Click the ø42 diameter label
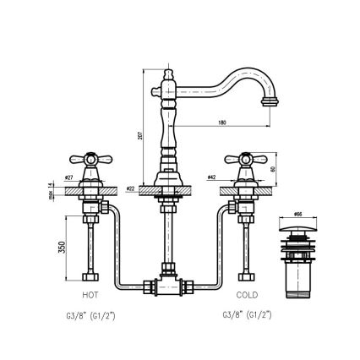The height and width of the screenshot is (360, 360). coord(210,177)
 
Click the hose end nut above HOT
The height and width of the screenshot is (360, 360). coord(89,277)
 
